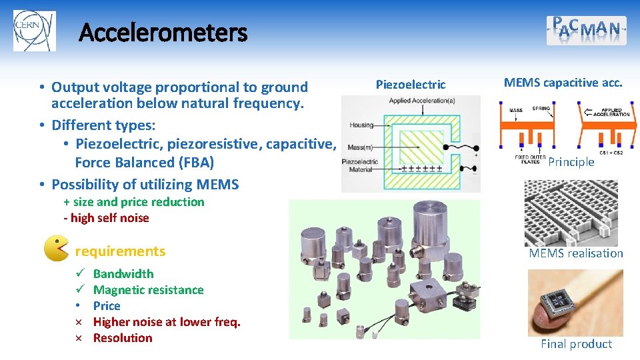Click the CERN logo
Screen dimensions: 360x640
pos(34,31)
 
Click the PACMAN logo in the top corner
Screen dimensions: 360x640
pos(586,31)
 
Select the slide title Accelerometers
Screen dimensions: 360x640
pos(163,32)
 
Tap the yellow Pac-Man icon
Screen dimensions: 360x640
pos(56,249)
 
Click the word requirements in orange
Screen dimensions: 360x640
pos(120,251)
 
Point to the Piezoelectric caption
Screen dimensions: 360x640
pos(411,85)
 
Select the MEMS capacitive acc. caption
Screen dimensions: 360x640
pos(563,83)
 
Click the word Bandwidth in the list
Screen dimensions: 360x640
pos(123,274)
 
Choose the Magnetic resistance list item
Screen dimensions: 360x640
pos(148,290)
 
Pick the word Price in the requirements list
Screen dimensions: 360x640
pos(107,306)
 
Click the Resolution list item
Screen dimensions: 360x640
pos(123,338)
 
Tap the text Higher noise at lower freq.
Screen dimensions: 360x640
pos(167,322)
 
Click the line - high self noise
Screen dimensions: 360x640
pos(106,218)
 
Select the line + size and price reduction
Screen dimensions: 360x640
pos(134,202)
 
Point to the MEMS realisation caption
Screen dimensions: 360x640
pos(575,253)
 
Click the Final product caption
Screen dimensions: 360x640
pos(576,344)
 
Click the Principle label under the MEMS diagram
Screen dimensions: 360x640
pos(571,162)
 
